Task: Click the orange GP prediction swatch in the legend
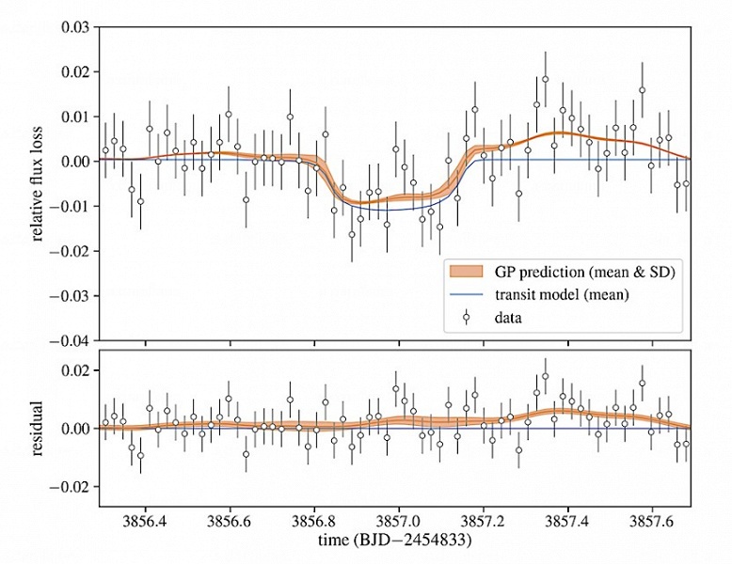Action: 470,272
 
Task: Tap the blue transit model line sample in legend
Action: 470,295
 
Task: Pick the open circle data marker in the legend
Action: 470,318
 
